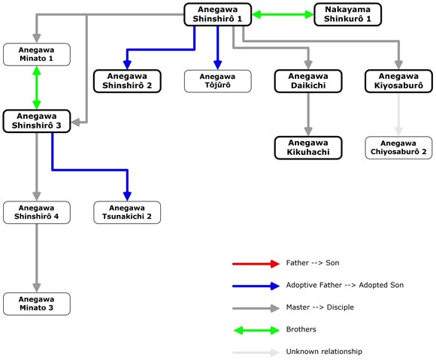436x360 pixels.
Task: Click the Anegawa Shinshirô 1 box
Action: coord(218,14)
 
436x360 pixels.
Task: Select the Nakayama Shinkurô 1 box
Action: coord(347,14)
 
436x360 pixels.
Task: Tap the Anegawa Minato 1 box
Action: coord(37,54)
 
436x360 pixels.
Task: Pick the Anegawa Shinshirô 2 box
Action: coord(127,81)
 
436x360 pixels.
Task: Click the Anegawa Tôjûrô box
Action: coord(218,81)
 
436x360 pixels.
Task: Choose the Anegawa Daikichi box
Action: coord(308,81)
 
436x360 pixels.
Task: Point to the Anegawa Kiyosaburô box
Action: coord(398,81)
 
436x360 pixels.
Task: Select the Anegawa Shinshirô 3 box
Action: coord(37,121)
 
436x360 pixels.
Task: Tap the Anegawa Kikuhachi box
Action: coord(308,148)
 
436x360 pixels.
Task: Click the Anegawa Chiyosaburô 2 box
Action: coord(398,148)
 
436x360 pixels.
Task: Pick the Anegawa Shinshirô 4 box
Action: coord(37,213)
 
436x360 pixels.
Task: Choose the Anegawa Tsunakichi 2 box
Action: coord(127,213)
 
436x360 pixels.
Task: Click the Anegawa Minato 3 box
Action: coord(37,304)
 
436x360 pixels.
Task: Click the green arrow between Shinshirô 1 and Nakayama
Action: coord(283,14)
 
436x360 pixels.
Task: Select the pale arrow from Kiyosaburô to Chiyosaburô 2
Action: coord(398,114)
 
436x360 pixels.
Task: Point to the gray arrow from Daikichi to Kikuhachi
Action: coord(308,114)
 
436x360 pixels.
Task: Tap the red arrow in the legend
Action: coord(256,264)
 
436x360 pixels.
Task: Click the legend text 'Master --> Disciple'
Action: coord(320,307)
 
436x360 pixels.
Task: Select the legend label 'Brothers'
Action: coord(301,329)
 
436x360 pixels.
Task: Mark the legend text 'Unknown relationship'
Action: coord(324,352)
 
